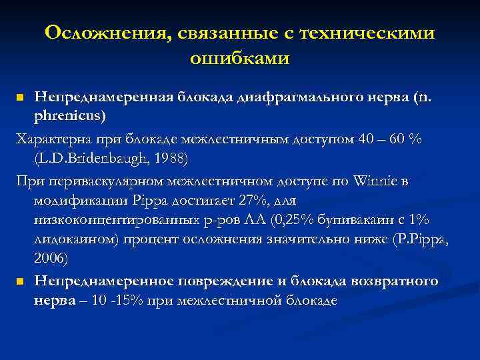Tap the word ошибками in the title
pos(240,59)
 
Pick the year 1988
pos(170,158)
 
